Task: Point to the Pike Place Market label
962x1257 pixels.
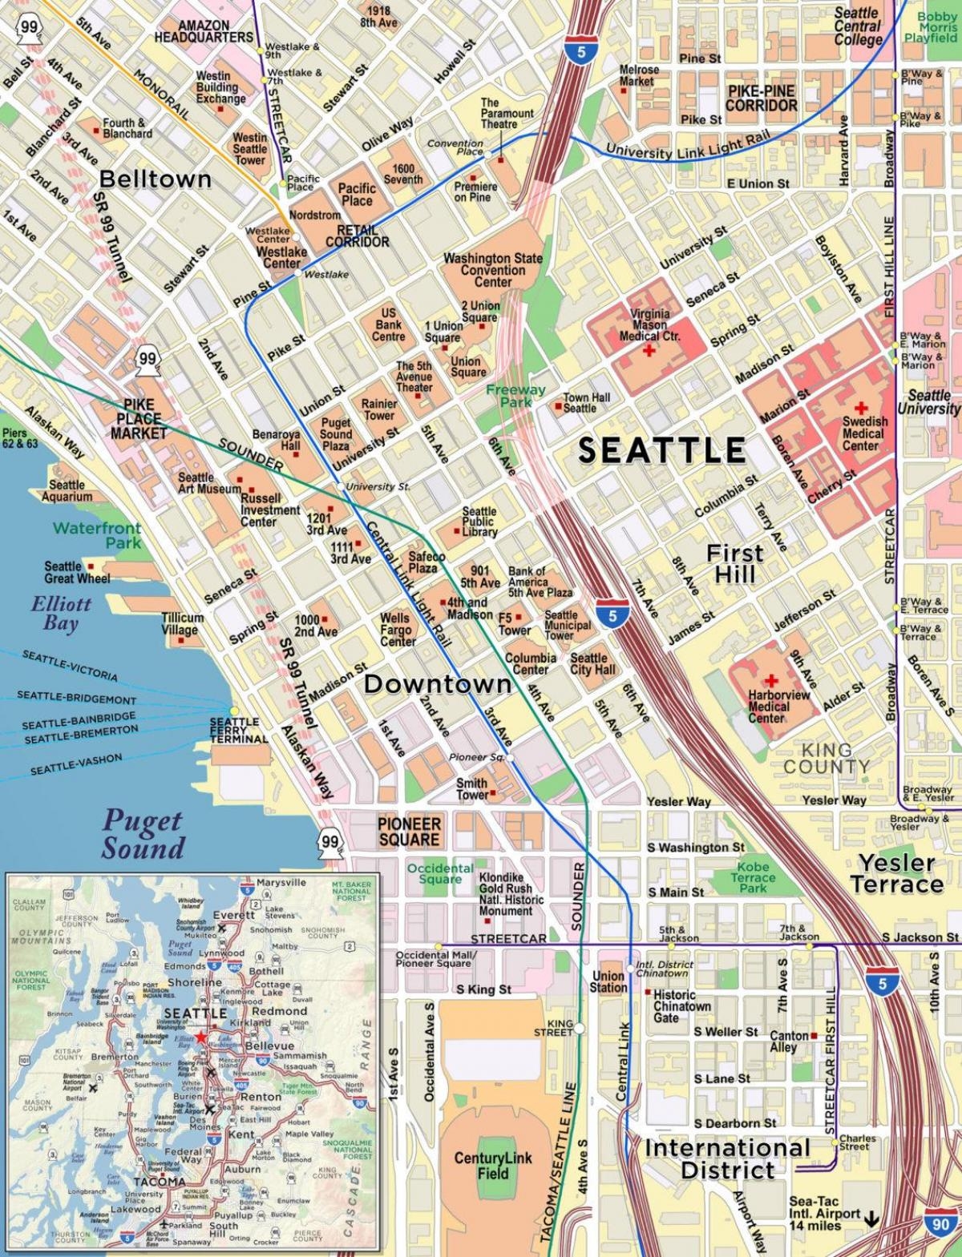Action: (x=139, y=419)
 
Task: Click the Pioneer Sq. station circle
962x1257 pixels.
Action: (x=511, y=757)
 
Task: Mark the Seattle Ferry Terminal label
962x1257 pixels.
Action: (x=234, y=730)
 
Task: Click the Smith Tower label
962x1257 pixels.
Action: (x=472, y=789)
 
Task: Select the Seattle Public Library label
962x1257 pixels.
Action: (x=479, y=522)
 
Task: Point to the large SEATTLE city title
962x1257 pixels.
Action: (x=662, y=450)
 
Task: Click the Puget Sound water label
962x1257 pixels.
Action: (x=143, y=834)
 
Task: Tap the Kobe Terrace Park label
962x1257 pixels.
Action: (x=753, y=877)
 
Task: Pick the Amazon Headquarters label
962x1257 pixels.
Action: (x=204, y=32)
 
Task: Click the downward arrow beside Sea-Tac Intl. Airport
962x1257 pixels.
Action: (x=871, y=1218)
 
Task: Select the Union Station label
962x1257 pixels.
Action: (x=608, y=981)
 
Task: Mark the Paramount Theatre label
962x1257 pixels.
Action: (x=507, y=114)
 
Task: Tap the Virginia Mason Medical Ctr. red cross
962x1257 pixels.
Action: (x=648, y=351)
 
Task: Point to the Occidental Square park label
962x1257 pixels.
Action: (x=440, y=873)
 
